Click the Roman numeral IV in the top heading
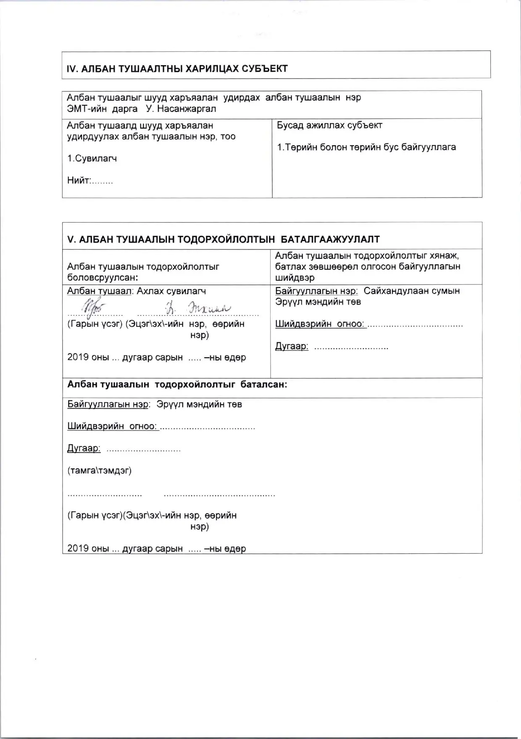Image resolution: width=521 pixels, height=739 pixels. tap(72, 69)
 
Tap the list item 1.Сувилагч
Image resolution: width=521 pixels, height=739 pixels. tap(92, 159)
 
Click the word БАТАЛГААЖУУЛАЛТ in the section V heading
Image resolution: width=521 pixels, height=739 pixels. tap(330, 239)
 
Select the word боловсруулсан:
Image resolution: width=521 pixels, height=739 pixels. tap(103, 278)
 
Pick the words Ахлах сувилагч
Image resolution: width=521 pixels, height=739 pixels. tap(171, 291)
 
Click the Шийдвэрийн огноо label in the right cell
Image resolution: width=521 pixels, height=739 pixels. tap(320, 324)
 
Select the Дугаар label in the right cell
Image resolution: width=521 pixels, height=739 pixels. tap(292, 346)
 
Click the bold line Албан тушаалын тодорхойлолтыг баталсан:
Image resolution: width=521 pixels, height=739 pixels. tap(177, 384)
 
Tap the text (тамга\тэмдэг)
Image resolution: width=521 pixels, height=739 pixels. tap(100, 471)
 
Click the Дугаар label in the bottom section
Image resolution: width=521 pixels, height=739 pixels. tap(84, 448)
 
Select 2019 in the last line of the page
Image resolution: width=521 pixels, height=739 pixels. tap(78, 549)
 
